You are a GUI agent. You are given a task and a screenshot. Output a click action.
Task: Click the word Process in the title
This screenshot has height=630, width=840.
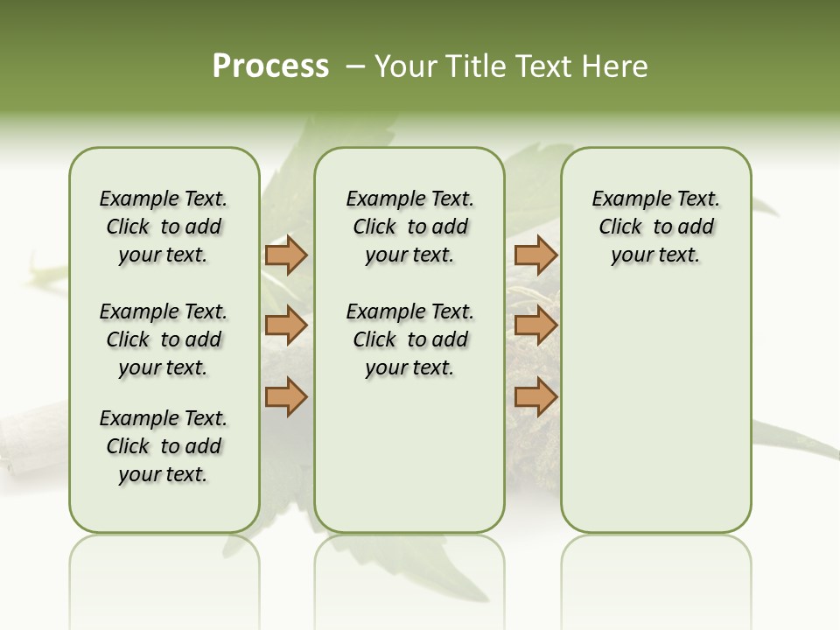(x=270, y=66)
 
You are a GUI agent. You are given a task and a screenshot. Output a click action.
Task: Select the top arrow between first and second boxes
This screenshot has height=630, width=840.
(x=286, y=255)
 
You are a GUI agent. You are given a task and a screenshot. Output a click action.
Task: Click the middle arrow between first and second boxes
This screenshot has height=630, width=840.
(x=286, y=326)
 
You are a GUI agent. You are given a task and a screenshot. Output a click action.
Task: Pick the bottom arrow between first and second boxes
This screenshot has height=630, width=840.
(x=286, y=397)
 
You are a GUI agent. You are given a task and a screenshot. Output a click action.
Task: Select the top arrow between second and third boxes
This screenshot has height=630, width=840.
(x=535, y=255)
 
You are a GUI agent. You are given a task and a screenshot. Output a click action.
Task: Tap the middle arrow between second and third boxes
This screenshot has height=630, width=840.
(x=535, y=326)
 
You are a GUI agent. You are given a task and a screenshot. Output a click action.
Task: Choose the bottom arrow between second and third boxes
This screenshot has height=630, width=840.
(x=535, y=397)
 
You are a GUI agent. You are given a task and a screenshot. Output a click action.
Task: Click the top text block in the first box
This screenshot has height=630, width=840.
(x=164, y=227)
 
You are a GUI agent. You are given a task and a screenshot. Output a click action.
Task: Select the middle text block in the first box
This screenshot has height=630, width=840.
(x=164, y=339)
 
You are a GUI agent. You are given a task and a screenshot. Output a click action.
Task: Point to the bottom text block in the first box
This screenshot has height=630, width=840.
(x=164, y=446)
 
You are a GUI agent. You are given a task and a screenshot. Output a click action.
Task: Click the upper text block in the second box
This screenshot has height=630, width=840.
(x=409, y=227)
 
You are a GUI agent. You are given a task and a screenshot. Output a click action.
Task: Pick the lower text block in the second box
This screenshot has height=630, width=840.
(x=409, y=339)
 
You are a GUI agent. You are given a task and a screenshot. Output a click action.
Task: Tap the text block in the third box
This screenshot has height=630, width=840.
(x=655, y=227)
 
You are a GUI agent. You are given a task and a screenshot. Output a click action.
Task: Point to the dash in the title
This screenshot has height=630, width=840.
(x=355, y=66)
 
